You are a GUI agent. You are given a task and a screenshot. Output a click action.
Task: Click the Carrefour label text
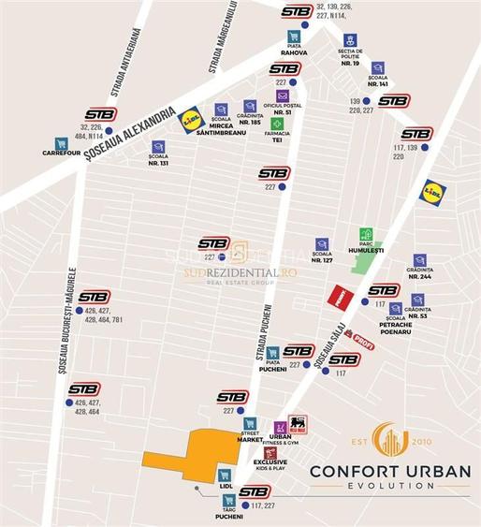click(x=62, y=168)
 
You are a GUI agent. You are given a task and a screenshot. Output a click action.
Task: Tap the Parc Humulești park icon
click(x=367, y=236)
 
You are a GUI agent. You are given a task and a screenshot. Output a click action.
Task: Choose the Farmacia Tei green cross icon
click(x=276, y=124)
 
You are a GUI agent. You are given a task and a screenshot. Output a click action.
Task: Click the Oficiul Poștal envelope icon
click(x=282, y=95)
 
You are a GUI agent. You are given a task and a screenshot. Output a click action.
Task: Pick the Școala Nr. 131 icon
click(x=158, y=147)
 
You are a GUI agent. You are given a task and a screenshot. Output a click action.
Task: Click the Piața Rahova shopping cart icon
click(x=295, y=37)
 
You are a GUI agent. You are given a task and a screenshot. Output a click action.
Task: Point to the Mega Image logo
click(x=297, y=424)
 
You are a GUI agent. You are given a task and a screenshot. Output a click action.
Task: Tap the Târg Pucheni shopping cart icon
click(x=228, y=501)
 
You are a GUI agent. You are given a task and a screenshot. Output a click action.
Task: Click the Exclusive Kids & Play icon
click(x=270, y=453)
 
